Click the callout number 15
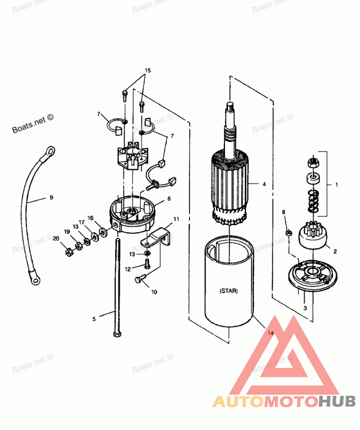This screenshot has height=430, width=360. coord(148,71)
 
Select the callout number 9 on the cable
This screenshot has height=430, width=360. coord(51,197)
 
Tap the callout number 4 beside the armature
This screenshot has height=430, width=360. coord(264,184)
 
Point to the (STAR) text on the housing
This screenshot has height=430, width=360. coord(229,291)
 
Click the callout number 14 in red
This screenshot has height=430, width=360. coord(270,333)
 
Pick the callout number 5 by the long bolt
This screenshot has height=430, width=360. coord(94,319)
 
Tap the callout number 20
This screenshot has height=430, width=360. coord(56,238)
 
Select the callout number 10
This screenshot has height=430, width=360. coord(154,291)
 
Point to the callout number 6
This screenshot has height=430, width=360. coord(169,198)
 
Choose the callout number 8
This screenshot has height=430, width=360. coord(283,212)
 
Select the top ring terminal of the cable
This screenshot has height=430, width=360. coord(50,149)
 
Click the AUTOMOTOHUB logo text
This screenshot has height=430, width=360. coord(284,401)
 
